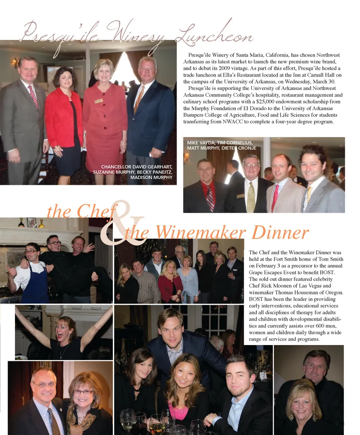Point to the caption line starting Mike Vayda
point(220,143)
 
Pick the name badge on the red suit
point(99,101)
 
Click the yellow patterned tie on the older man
point(250,197)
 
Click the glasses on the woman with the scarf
point(83,392)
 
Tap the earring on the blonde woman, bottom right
point(291,416)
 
